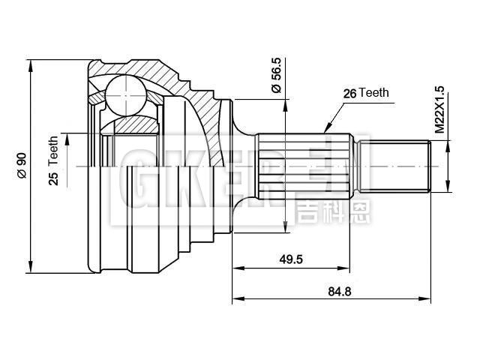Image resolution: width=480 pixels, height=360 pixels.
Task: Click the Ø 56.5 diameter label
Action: pyautogui.click(x=276, y=75)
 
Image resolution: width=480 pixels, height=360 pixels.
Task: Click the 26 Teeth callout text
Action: pyautogui.click(x=366, y=94)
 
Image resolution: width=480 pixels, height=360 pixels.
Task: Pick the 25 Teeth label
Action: pyautogui.click(x=53, y=160)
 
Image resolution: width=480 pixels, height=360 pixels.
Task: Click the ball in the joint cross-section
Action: pyautogui.click(x=123, y=96)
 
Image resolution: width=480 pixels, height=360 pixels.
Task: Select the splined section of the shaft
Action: pyautogui.click(x=304, y=163)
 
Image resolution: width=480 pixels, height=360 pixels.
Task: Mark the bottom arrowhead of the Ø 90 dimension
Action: pyautogui.click(x=30, y=270)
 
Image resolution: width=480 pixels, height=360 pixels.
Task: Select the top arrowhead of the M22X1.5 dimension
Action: pyautogui.click(x=448, y=141)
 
